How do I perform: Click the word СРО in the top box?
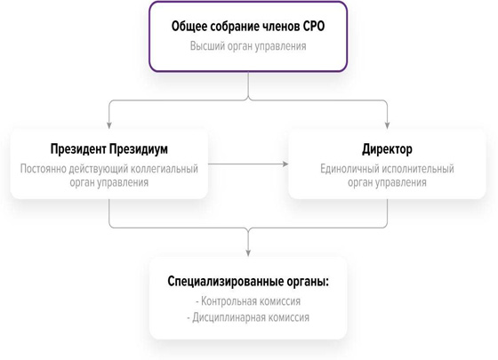[x=312, y=27]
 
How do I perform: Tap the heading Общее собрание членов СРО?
[x=248, y=27]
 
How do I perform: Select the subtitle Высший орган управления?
[x=248, y=46]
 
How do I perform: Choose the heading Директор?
[x=388, y=148]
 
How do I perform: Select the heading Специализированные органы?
[x=248, y=282]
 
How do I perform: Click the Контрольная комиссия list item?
[x=248, y=301]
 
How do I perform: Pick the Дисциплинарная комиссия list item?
[x=248, y=317]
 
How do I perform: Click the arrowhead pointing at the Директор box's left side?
[x=285, y=164]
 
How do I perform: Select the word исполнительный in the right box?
[x=418, y=168]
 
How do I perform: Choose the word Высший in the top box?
[x=205, y=46]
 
